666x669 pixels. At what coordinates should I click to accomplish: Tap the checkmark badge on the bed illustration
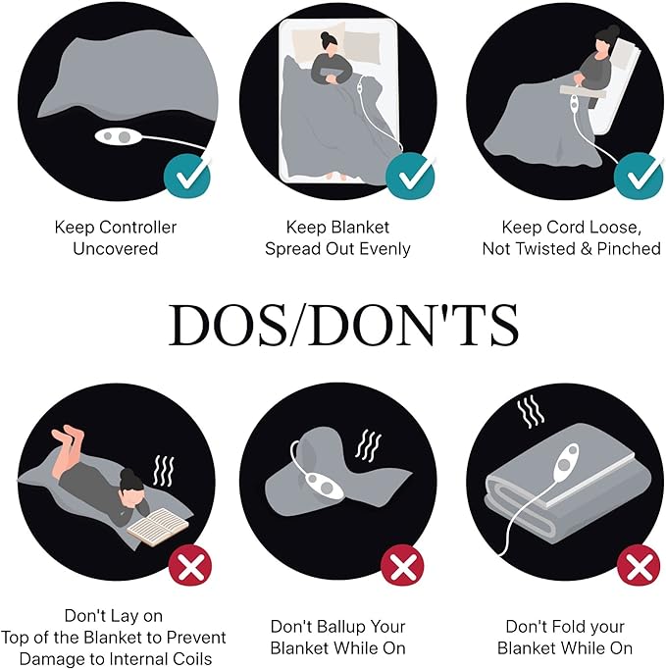(x=410, y=176)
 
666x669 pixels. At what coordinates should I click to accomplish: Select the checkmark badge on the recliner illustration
(x=639, y=176)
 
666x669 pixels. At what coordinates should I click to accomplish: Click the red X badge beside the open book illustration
(x=190, y=565)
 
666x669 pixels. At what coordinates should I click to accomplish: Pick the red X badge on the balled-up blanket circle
(x=402, y=565)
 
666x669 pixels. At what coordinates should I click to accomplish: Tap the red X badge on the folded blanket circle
(x=639, y=565)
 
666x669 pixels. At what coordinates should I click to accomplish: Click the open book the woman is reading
(x=158, y=526)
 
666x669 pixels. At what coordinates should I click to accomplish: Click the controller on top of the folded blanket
(x=566, y=463)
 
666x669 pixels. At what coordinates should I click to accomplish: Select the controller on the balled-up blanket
(x=322, y=486)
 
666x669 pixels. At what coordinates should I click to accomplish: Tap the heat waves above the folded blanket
(x=531, y=412)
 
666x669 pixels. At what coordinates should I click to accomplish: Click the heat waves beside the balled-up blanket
(x=368, y=446)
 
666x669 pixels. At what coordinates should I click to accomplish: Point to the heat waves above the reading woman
(x=164, y=471)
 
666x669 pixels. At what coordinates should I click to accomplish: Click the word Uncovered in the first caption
(x=115, y=248)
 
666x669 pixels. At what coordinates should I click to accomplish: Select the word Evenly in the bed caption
(x=385, y=248)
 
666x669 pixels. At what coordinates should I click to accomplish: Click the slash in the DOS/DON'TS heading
(x=297, y=325)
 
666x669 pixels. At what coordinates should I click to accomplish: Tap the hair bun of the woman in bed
(x=325, y=36)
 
